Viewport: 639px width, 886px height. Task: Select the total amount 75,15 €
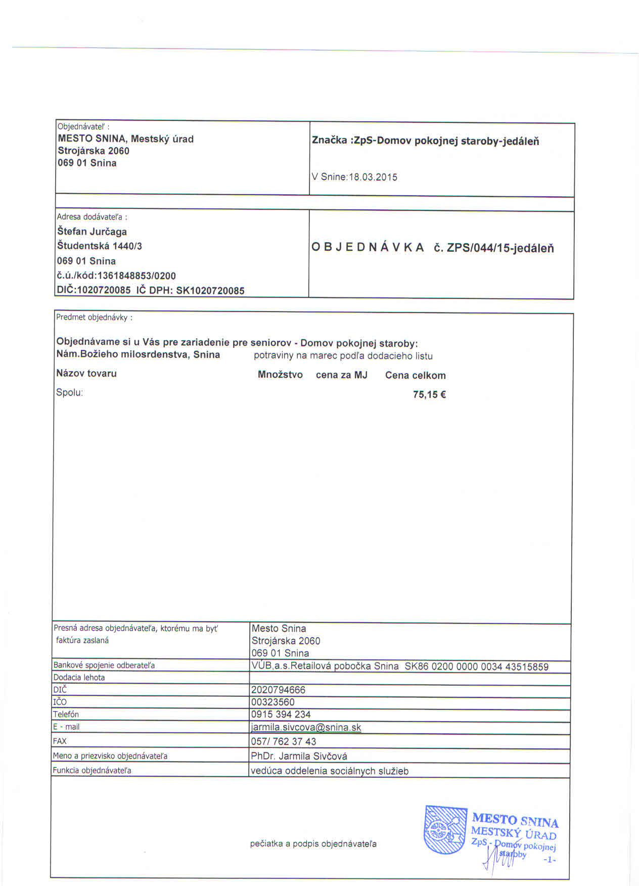pos(429,394)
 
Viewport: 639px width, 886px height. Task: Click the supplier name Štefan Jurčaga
pos(92,232)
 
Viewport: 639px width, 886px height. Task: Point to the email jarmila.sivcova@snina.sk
pos(306,727)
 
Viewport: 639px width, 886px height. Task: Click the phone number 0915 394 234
pos(281,714)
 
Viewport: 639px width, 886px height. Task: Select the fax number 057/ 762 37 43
pos(283,741)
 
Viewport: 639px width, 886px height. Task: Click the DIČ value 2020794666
pos(278,690)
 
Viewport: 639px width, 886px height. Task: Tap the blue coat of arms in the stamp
pos(445,830)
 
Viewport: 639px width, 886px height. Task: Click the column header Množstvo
pos(280,375)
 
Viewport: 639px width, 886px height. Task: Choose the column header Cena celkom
pos(415,375)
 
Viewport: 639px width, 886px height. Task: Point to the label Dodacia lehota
pos(79,677)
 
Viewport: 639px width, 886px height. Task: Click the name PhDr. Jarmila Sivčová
pos(299,756)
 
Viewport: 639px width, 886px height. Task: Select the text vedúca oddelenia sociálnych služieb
pos(330,771)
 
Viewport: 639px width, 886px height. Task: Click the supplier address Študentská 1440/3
pos(100,246)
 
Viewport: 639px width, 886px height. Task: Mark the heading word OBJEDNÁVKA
pos(368,247)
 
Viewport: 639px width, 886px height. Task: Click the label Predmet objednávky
pos(94,318)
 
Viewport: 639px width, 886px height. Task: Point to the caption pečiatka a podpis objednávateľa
pos(313,844)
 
